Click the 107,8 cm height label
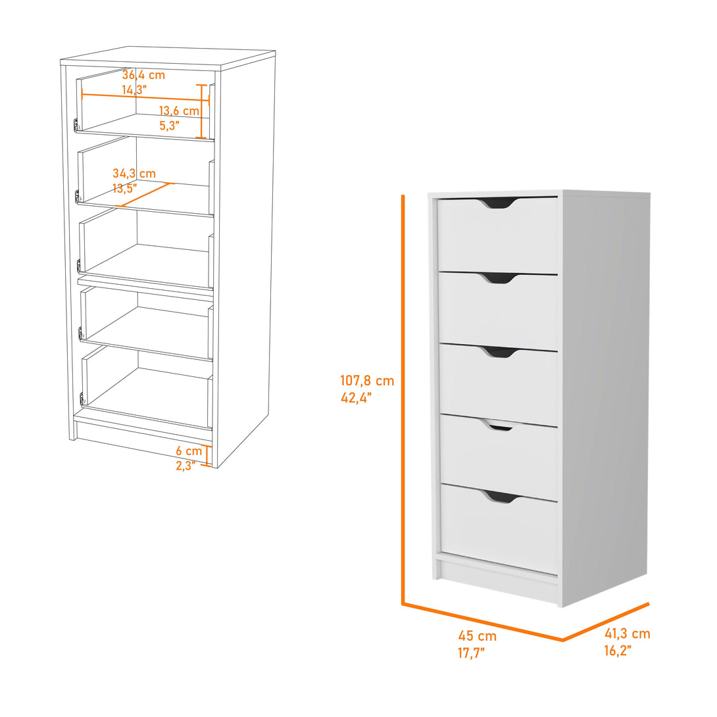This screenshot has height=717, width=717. [x=367, y=380]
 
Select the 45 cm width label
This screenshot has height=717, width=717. [x=478, y=636]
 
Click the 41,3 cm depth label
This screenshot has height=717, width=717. [x=627, y=634]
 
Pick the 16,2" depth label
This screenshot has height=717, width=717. [x=618, y=651]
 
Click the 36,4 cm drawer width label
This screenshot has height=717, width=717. [x=143, y=75]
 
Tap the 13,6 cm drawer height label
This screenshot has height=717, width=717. [x=178, y=111]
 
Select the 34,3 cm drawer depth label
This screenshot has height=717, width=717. [x=134, y=174]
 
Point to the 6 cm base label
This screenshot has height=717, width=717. [x=189, y=451]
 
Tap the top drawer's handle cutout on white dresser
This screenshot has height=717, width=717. [x=499, y=204]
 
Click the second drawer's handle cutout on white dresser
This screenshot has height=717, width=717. [x=499, y=279]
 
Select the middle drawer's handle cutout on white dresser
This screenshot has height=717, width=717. [x=499, y=353]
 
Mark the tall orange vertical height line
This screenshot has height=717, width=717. [x=403, y=395]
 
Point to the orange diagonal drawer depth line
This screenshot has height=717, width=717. [x=145, y=195]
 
